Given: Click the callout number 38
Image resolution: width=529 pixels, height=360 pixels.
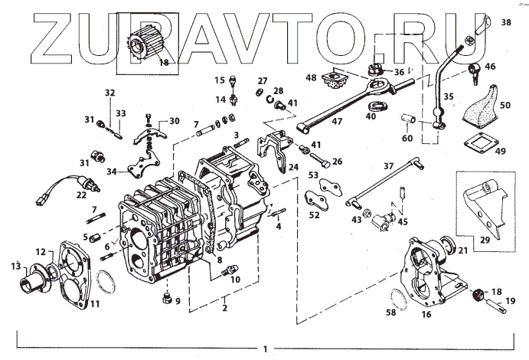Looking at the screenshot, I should tap(505, 23).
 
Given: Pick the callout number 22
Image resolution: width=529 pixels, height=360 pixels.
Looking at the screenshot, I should tap(80, 196).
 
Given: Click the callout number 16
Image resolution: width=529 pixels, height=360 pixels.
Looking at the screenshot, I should tap(426, 313).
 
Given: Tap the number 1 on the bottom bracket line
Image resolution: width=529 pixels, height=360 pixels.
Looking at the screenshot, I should tap(264, 349).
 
